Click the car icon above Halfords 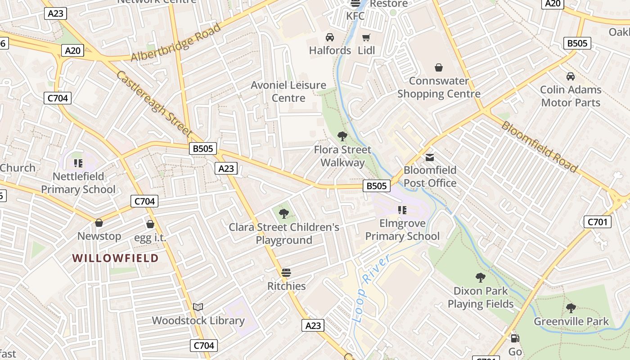coord(330,37)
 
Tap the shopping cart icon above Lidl coord(366,37)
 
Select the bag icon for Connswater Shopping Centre coord(439,68)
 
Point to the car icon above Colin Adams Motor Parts coord(571,76)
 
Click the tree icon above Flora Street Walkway coord(342,136)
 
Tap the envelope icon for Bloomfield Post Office coord(430,157)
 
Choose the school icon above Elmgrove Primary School coord(402,210)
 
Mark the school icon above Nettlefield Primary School coord(78,163)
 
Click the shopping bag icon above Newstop coord(99,223)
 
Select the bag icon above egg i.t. coord(150,224)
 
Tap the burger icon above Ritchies coord(286,273)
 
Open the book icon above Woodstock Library coord(198,307)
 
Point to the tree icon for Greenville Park coord(571,308)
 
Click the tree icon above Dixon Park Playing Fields coord(481,278)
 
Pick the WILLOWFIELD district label coord(116,258)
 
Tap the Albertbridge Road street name coord(176,43)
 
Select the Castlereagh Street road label coord(154,103)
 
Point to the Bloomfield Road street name coord(539,147)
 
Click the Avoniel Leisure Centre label coord(288,91)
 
